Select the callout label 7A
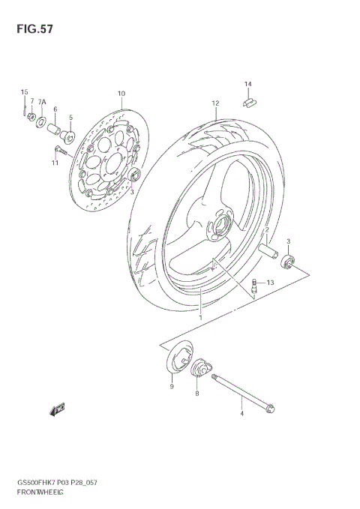pyautogui.click(x=42, y=101)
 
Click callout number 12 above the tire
pyautogui.click(x=214, y=103)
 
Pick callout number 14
pyautogui.click(x=247, y=83)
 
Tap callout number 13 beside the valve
pyautogui.click(x=270, y=282)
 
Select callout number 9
pyautogui.click(x=171, y=386)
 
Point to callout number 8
pyautogui.click(x=196, y=392)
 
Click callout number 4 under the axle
pyautogui.click(x=241, y=413)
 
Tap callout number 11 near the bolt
pyautogui.click(x=55, y=163)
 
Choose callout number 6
pyautogui.click(x=55, y=109)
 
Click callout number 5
pyautogui.click(x=70, y=118)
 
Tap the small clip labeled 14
pyautogui.click(x=248, y=98)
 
